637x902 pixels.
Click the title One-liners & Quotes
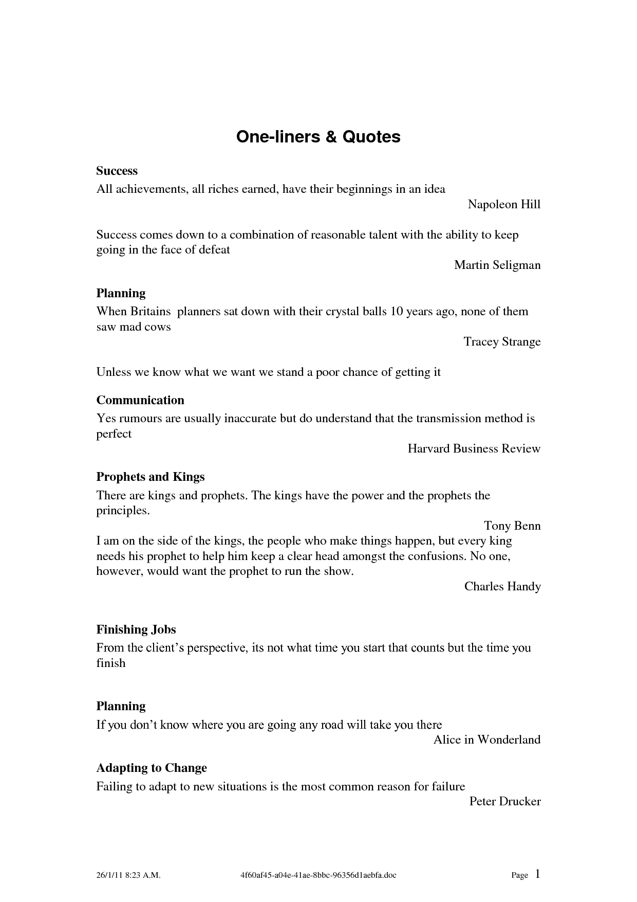318,137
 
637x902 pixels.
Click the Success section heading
117,171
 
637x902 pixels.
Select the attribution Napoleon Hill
504,205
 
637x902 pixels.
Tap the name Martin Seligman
497,265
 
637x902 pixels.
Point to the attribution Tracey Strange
502,342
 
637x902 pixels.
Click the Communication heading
140,400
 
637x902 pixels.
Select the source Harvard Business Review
474,449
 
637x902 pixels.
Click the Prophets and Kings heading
151,477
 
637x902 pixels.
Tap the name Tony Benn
512,526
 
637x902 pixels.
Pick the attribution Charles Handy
502,587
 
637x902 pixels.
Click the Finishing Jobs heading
136,629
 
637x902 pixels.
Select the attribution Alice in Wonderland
487,740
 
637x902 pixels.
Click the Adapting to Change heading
152,768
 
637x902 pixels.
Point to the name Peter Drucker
505,801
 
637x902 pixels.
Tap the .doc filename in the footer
318,875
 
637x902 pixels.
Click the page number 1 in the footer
537,874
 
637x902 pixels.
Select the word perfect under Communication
114,434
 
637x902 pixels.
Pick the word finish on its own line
111,663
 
